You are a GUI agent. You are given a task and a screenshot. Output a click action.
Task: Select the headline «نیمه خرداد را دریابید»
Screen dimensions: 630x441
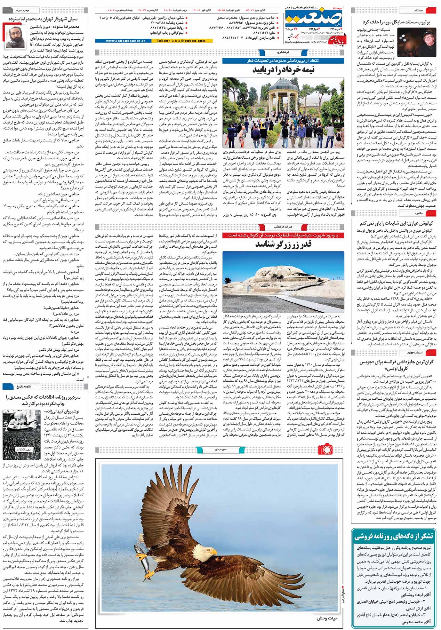pos(284,70)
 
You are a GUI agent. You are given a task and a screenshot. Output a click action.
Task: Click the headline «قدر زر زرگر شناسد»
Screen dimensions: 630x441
pos(284,244)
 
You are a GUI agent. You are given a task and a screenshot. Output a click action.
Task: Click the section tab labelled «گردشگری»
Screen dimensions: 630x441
pos(283,52)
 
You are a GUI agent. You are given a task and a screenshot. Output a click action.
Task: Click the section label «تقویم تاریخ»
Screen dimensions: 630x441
pos(24,387)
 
